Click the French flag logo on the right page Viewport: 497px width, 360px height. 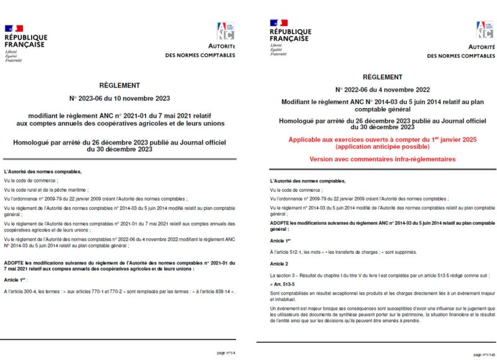[x=278, y=24]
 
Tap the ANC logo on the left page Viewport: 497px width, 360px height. [x=225, y=31]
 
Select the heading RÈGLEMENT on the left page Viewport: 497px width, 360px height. [x=119, y=86]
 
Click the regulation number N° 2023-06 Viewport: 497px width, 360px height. [x=91, y=98]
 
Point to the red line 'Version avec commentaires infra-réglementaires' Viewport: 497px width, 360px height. [x=382, y=160]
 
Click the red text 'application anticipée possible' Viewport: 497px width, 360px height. [x=382, y=146]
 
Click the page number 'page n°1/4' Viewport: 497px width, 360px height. [x=227, y=353]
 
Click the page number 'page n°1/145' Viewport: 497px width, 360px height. [x=485, y=354]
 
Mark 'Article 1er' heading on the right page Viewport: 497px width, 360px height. [x=280, y=240]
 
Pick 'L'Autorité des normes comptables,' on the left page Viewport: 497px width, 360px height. [x=43, y=171]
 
